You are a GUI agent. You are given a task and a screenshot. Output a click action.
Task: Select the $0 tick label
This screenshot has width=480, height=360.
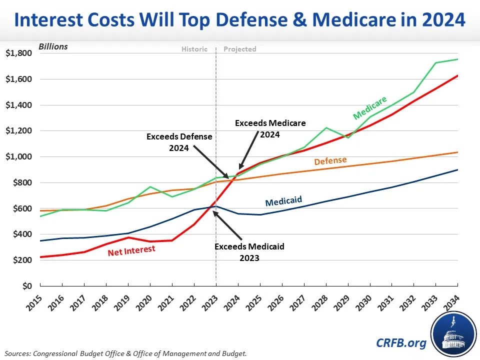[25, 286]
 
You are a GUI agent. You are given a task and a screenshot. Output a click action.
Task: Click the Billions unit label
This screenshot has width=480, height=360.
[53, 47]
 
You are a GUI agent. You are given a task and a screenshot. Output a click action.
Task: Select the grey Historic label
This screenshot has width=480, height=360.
[194, 49]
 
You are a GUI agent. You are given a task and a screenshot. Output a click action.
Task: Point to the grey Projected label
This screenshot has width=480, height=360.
[239, 49]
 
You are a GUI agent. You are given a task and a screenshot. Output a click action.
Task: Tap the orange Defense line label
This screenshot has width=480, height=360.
[330, 161]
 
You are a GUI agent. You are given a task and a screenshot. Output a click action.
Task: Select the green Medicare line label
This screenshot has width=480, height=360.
[370, 107]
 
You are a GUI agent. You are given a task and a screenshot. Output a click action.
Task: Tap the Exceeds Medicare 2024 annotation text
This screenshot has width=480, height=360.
[270, 128]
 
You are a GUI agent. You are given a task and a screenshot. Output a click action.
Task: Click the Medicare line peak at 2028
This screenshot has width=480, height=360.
[326, 127]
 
